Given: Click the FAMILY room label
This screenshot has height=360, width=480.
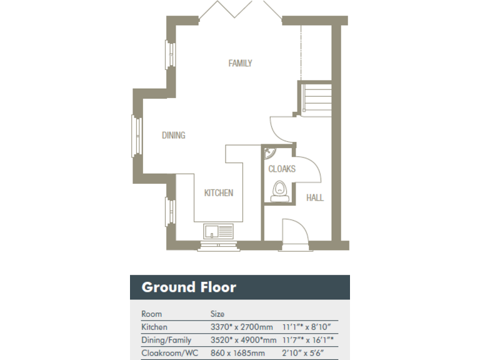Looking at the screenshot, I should click(240, 63).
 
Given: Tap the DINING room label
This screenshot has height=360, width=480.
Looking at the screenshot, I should click(173, 135).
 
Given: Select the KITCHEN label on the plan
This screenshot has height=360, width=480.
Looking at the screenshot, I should click(218, 192).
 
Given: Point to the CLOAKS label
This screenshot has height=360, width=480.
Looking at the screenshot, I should click(281, 169).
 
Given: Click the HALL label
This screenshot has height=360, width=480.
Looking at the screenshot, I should click(315, 197).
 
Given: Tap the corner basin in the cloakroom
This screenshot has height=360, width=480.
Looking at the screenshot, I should click(269, 152).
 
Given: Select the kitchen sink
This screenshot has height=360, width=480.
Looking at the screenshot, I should click(217, 231).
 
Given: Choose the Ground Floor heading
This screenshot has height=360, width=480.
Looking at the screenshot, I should click(189, 287).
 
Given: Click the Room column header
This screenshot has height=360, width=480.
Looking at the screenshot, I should click(151, 314).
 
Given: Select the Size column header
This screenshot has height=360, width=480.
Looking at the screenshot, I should click(217, 314).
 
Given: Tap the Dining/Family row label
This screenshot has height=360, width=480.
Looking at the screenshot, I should click(166, 340).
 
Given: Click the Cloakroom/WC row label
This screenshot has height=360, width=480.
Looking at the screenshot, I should click(169, 353).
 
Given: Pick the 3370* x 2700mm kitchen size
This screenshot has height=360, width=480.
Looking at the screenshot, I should click(242, 327).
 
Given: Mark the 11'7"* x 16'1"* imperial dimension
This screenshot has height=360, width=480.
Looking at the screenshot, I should click(308, 340).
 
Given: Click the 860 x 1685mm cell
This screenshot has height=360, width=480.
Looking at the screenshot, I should click(237, 353).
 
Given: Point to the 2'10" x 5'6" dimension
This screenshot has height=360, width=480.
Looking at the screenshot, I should click(302, 353).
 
